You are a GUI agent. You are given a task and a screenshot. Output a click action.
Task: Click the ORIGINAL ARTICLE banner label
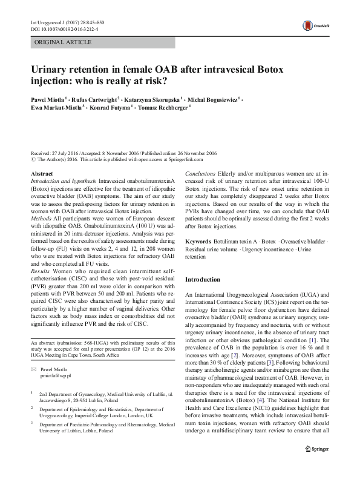coord(64,42)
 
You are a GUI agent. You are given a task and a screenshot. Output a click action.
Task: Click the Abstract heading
coord(42,174)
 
